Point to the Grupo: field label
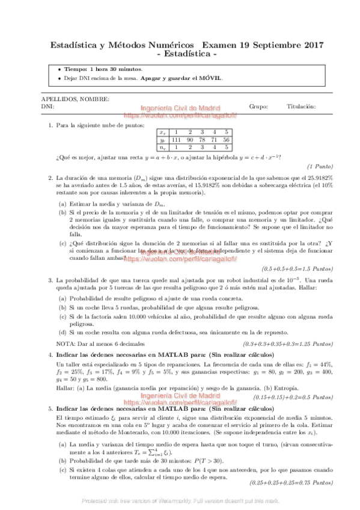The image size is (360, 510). click(x=258, y=106)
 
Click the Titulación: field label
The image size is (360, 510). click(x=301, y=106)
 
